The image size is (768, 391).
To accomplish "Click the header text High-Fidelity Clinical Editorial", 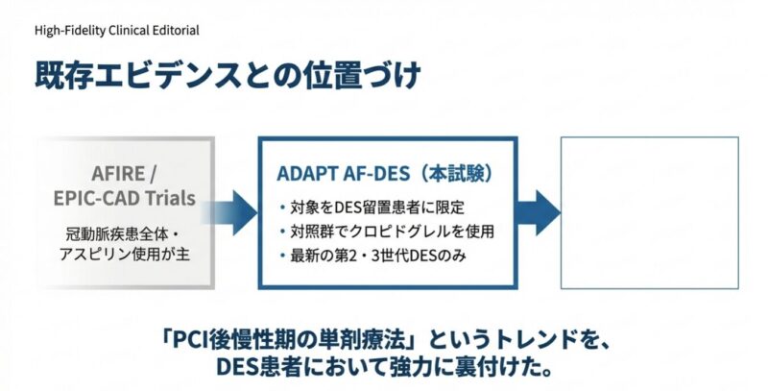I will pyautogui.click(x=116, y=30).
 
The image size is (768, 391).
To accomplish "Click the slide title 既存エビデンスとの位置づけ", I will pyautogui.click(x=228, y=76).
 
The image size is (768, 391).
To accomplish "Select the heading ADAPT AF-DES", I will pyautogui.click(x=335, y=175).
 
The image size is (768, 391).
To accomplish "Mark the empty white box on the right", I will pyautogui.click(x=650, y=212).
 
